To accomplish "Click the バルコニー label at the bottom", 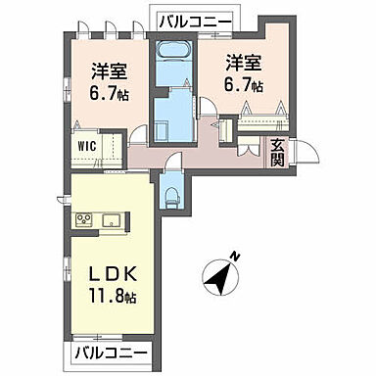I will coord(111,352).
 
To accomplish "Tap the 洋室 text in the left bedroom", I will coord(110,70).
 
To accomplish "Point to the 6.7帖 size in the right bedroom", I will coord(242,86).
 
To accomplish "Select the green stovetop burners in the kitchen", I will coord(85,218).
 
